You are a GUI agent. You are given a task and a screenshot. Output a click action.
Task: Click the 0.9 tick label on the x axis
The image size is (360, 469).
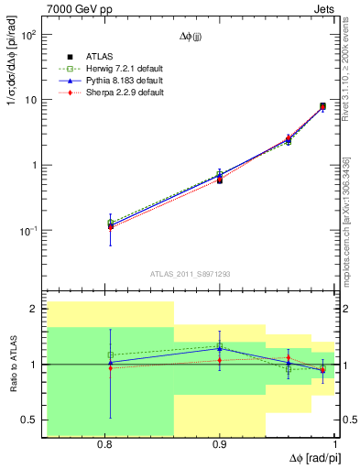(x=220, y=444)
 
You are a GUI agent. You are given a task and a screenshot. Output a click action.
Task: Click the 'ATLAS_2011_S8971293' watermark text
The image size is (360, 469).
(x=191, y=274)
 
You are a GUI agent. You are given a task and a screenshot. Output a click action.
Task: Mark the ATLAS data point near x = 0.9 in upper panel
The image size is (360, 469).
(x=220, y=180)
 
